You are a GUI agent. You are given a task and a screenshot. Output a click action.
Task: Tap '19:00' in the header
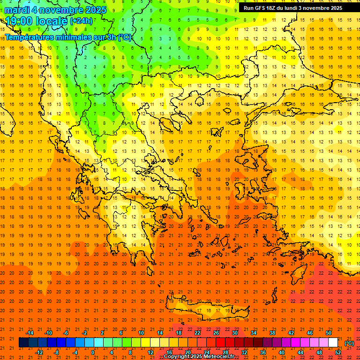(x=18, y=21)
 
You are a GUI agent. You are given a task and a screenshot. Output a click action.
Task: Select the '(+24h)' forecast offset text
(x=81, y=21)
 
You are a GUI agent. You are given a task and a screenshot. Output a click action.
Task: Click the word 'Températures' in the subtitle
(x=30, y=37)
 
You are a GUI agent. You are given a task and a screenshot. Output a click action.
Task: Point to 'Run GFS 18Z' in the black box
(x=259, y=8)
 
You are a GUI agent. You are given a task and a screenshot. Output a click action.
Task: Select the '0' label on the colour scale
(x=93, y=352)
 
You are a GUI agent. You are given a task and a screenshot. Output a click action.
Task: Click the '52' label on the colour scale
(x=338, y=352)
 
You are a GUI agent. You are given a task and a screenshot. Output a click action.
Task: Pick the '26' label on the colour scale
(x=216, y=333)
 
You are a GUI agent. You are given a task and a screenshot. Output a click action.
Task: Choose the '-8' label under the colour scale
(x=57, y=352)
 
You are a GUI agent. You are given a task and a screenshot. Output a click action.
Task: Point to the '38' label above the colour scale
(x=272, y=333)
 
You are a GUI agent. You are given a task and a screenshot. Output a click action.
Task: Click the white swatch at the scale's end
(x=333, y=343)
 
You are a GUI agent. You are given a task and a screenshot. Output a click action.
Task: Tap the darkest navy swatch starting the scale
(x=23, y=343)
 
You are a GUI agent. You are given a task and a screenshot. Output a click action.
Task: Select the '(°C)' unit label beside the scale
(x=349, y=343)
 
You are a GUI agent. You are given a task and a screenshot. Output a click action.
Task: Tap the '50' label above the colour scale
(x=329, y=333)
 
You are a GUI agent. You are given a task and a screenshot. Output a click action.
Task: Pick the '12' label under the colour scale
(x=150, y=352)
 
